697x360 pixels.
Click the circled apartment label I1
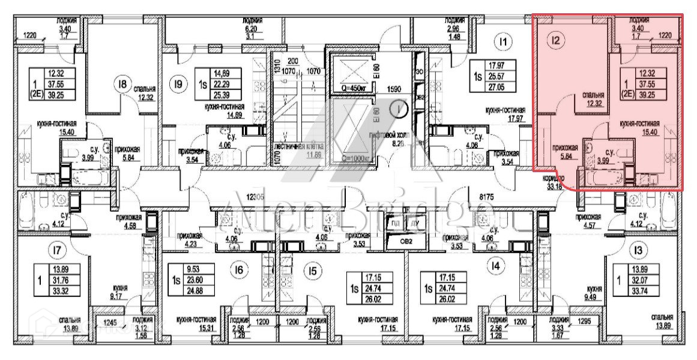504,41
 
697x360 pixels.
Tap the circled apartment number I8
124,85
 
